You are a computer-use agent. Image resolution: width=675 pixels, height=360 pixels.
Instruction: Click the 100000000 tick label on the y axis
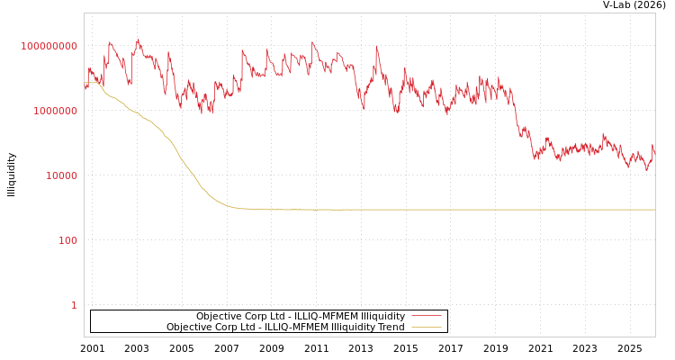click(49, 46)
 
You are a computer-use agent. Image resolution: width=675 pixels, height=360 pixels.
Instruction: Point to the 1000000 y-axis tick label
click(55, 111)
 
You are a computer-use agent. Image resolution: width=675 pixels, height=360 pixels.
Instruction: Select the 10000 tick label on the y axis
click(61, 175)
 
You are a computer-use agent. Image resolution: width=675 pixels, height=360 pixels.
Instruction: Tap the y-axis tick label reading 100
click(68, 240)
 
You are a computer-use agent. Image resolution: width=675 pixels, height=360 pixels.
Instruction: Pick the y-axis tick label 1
click(74, 305)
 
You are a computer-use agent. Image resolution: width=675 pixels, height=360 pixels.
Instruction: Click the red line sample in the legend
click(427, 317)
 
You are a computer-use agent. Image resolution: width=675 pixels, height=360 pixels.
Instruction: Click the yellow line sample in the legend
click(427, 328)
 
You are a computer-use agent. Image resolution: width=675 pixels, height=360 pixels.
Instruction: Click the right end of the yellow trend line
click(654, 210)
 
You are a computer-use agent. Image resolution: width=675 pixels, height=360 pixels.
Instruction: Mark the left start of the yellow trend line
click(85, 83)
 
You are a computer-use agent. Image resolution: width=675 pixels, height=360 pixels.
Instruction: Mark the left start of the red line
click(85, 87)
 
